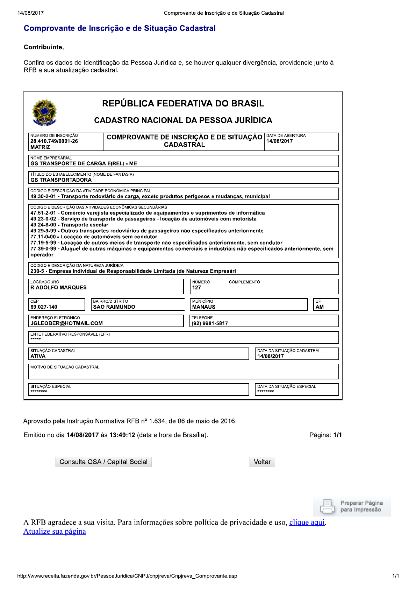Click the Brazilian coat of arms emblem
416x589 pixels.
coord(44,112)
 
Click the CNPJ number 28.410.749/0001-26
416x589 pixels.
coord(54,141)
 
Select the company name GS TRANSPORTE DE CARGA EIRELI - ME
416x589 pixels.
coord(84,163)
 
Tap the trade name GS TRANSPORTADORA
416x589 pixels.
coord(61,180)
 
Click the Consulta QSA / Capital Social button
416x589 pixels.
coord(103,462)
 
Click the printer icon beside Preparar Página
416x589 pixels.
coord(327,506)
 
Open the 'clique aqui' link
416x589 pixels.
coord(307,523)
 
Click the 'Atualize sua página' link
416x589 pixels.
coord(55,531)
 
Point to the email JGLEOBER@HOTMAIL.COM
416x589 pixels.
coord(66,323)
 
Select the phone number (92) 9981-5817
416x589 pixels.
coord(210,323)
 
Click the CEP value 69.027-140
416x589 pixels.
coord(44,307)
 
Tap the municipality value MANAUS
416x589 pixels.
coord(204,307)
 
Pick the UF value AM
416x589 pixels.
coord(320,307)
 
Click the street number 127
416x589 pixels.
coord(196,288)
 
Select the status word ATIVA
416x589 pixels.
coord(38,356)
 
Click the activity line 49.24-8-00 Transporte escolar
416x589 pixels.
coord(69,225)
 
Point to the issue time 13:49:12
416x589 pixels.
coord(122,435)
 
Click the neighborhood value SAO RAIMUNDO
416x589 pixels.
coord(114,307)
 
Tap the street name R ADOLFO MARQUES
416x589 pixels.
coord(58,288)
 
